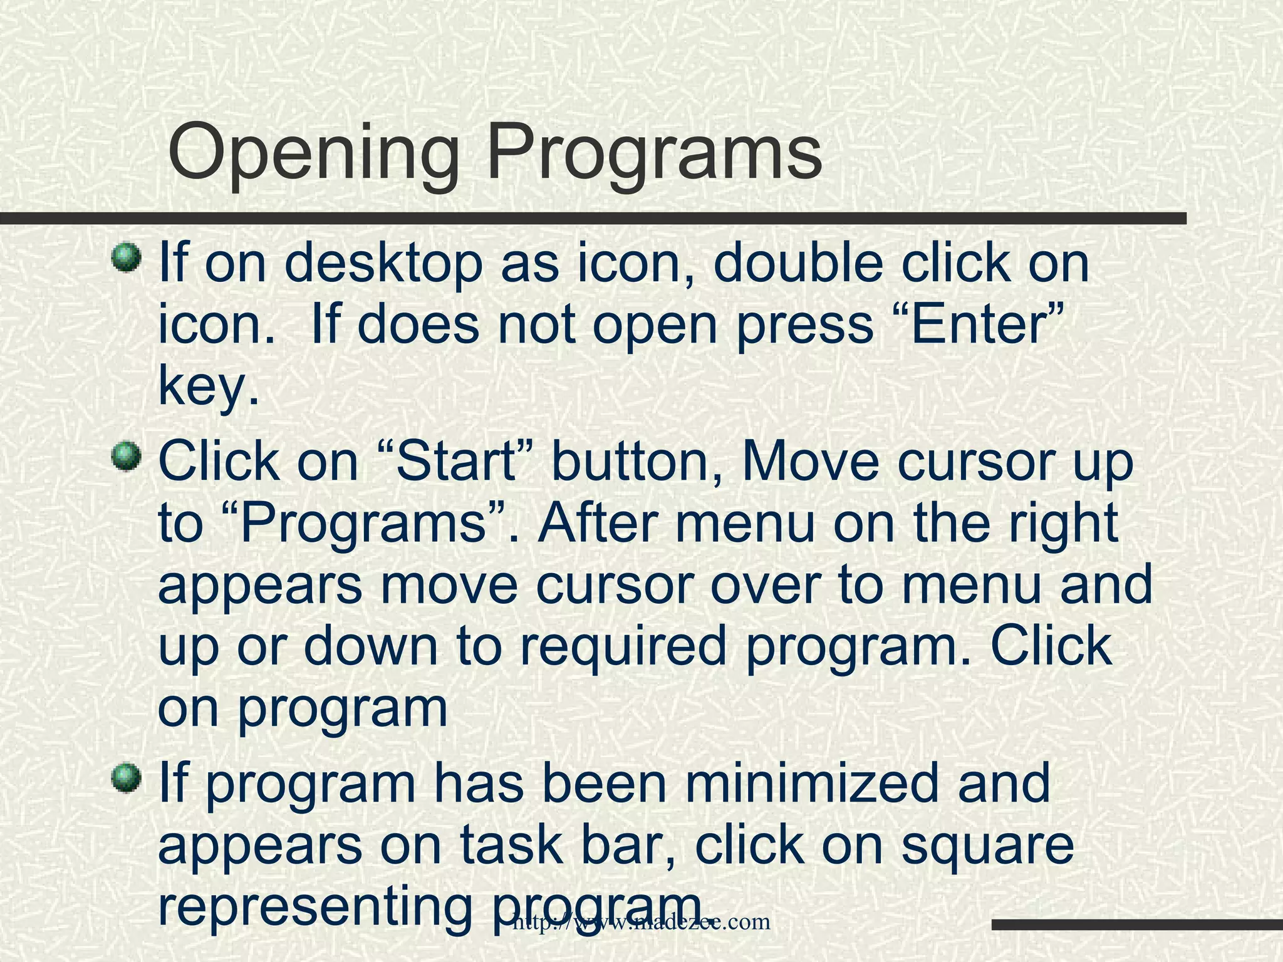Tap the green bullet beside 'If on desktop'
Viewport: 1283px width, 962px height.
[x=128, y=258]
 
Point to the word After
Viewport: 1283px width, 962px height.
[x=598, y=523]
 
